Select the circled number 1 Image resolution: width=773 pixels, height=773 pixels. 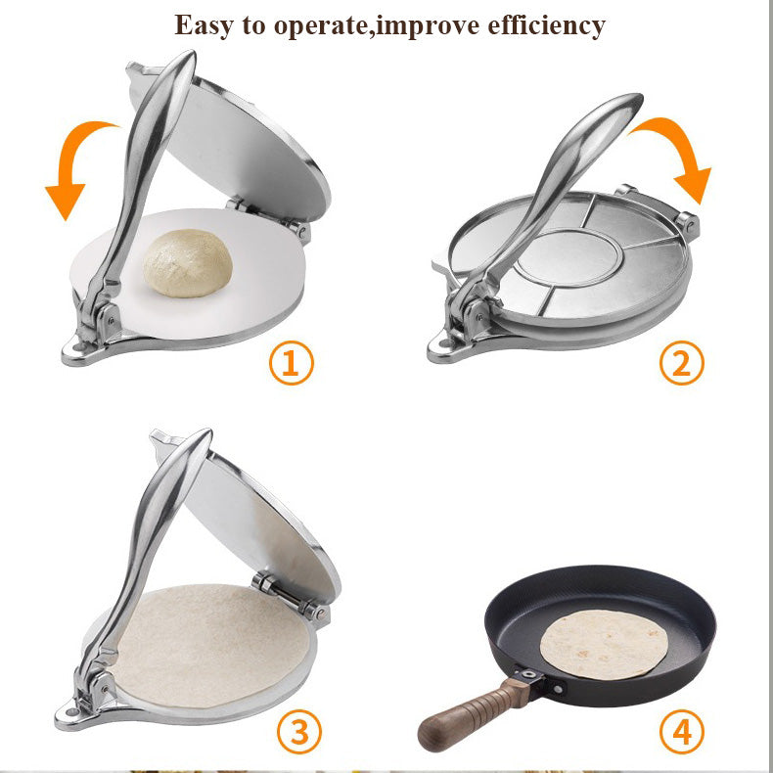click(x=291, y=364)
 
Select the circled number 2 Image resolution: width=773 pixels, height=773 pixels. click(x=681, y=363)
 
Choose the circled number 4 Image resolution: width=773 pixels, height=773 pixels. click(x=681, y=731)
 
